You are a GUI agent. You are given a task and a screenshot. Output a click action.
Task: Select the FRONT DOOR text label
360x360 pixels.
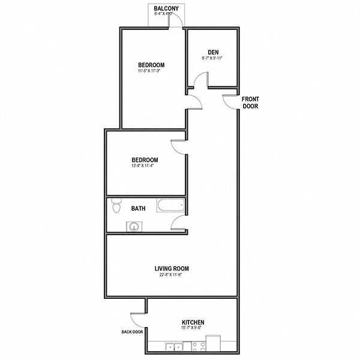(x=250, y=102)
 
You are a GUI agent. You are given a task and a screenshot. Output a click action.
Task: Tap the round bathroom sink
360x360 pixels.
(x=133, y=227)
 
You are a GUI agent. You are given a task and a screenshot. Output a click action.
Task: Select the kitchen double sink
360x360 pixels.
(x=173, y=347)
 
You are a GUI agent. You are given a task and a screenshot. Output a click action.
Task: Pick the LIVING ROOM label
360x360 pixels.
(x=171, y=268)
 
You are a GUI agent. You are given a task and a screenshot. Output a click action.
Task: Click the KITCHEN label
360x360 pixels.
(x=193, y=322)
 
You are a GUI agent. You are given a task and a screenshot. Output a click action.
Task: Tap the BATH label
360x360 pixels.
(x=138, y=209)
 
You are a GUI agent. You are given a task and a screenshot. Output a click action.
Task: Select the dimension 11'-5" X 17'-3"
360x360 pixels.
(x=151, y=71)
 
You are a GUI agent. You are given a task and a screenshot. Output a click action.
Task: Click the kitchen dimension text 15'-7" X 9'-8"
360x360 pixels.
(x=193, y=329)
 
